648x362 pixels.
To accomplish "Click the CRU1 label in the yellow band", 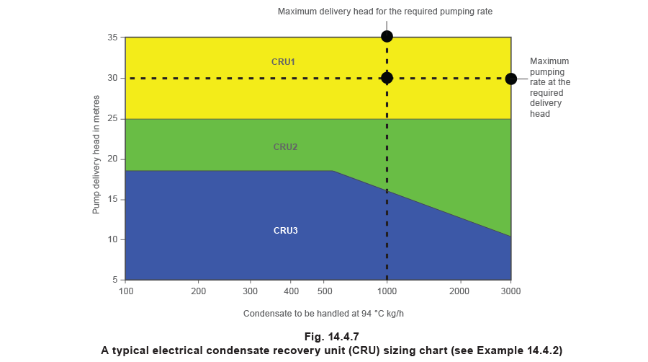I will pos(283,62).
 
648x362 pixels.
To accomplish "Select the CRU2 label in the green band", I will pos(285,147).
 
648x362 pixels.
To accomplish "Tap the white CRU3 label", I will pos(285,231).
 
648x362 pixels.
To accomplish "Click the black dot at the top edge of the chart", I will pos(387,36).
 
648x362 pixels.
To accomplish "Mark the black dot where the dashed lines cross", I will pos(387,78).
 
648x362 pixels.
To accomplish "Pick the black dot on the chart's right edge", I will pos(511,79).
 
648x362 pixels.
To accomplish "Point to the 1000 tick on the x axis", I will pos(387,291).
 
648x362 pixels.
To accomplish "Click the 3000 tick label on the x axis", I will pos(511,291).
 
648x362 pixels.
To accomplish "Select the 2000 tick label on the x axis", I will pos(459,291).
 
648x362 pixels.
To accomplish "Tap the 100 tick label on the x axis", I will pos(126,291).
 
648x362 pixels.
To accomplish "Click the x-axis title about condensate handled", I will pos(323,314).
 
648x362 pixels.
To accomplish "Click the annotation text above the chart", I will pos(385,12).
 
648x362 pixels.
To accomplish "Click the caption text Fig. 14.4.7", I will pos(331,337).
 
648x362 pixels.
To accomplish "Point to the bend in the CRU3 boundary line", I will pos(333,171).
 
